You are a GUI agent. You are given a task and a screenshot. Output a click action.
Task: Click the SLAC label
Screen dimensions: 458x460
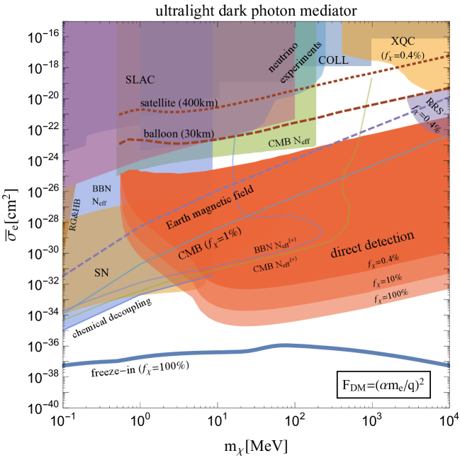pos(140,79)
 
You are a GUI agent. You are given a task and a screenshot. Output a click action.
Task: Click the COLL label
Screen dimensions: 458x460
pos(333,60)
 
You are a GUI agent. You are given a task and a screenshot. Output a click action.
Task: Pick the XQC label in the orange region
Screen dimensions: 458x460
pos(404,41)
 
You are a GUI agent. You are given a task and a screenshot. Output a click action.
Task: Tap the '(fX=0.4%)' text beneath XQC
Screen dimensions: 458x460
pos(403,55)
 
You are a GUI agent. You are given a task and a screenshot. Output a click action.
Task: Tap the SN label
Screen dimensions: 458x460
pos(101,272)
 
